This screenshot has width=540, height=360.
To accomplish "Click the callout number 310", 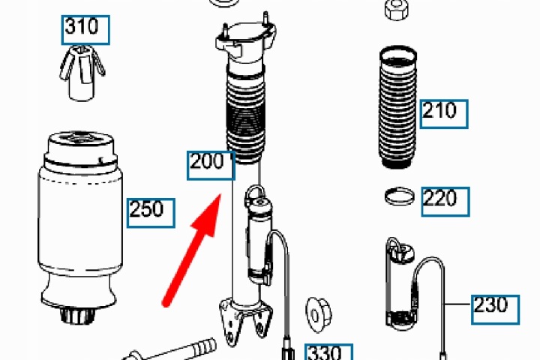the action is [x=82, y=26].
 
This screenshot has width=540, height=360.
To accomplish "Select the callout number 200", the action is [x=207, y=161].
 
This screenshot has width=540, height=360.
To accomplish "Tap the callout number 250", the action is [x=146, y=209].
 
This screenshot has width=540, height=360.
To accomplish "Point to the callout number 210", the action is [x=439, y=110].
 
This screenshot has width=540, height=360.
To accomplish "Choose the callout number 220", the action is [x=440, y=198].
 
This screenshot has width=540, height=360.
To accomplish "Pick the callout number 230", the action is [x=490, y=305].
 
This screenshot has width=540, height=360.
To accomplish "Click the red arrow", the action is [x=192, y=250].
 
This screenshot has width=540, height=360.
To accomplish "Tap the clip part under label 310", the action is [x=82, y=73].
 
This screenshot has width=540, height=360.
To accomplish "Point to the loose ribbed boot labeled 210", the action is [x=397, y=107].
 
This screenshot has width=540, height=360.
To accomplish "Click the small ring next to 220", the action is [x=400, y=196].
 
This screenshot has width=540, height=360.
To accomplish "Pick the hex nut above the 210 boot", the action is [x=397, y=8].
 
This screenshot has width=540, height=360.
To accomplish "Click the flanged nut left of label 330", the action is [x=319, y=315].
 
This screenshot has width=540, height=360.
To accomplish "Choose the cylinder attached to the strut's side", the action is [x=259, y=238].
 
